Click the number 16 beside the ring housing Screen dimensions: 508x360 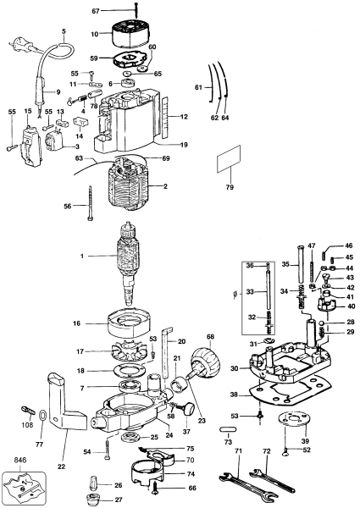coord(100,323)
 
